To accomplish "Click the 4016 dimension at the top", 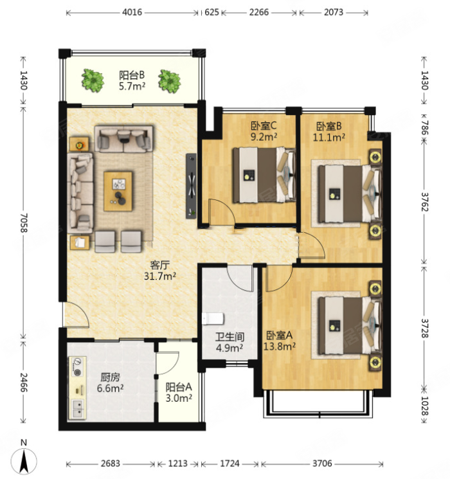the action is click(x=132, y=12).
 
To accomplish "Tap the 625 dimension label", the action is click(x=212, y=12).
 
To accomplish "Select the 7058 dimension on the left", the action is click(x=24, y=222).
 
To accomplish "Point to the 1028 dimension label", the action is click(x=425, y=406).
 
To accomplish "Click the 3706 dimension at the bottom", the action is click(x=322, y=464).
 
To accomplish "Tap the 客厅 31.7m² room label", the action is click(x=160, y=271).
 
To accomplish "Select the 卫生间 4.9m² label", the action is click(x=230, y=342).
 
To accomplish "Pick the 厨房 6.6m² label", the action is click(x=111, y=383).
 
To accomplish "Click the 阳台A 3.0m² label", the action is click(x=179, y=393).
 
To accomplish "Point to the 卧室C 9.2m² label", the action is click(x=264, y=131).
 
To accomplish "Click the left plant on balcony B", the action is click(x=93, y=80).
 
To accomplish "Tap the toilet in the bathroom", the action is click(x=213, y=319).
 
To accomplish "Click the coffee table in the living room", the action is click(x=118, y=191).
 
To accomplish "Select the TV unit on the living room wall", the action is click(x=191, y=186).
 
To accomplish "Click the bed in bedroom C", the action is click(x=264, y=176).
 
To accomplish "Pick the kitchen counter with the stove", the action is click(x=77, y=388).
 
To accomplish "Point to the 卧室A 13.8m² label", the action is click(x=279, y=341).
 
